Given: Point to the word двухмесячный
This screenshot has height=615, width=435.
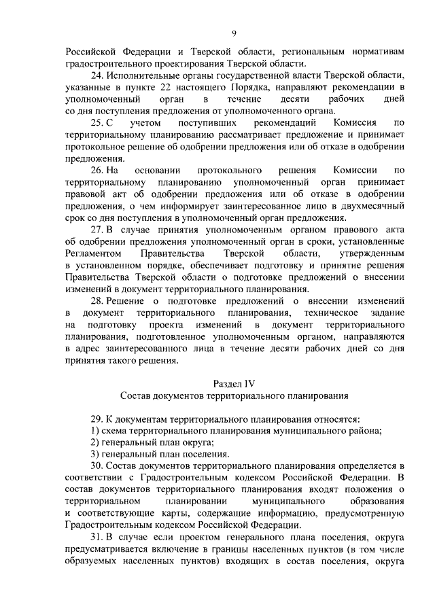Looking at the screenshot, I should (x=370, y=205).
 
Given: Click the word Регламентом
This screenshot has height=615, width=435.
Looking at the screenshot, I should (x=92, y=253).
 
